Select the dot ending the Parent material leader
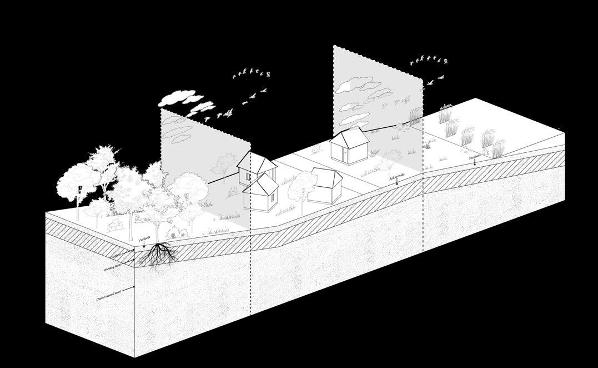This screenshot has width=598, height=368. click(135, 288)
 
